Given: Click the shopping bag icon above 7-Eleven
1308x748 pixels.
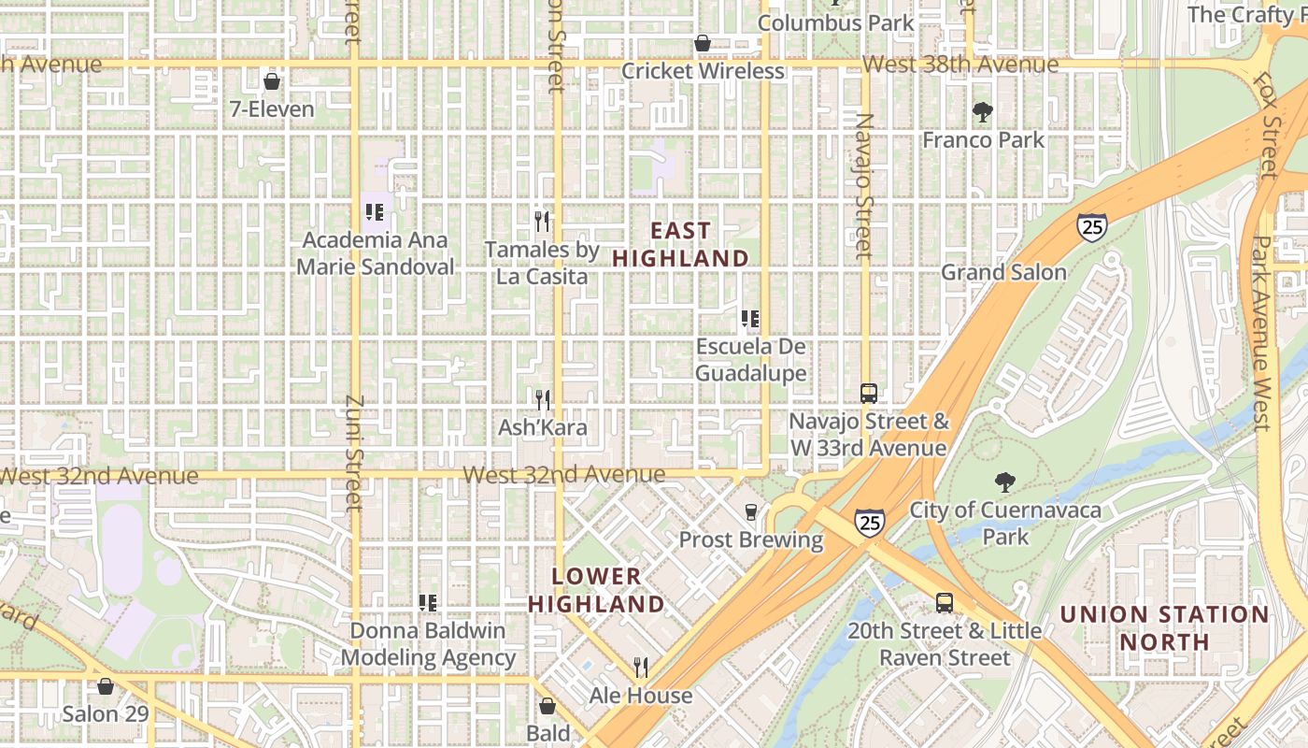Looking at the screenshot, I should (272, 81).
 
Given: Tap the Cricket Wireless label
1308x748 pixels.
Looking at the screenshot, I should (703, 71).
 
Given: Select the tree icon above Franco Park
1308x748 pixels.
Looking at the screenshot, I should (982, 112).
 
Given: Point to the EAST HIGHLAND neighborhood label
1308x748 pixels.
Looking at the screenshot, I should (681, 244).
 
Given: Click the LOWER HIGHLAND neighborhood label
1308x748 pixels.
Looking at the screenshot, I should (596, 590).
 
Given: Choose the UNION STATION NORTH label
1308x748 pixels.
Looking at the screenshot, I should (1164, 628).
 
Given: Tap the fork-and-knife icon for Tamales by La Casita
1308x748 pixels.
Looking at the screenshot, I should (542, 222).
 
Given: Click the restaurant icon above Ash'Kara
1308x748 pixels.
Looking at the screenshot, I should (543, 399).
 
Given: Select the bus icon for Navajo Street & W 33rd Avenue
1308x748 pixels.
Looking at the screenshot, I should (869, 393).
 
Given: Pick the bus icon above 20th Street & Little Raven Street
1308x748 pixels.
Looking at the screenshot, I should (945, 603).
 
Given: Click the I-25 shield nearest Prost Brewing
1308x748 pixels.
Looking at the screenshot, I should (870, 522).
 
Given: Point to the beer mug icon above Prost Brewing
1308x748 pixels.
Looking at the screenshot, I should (750, 511).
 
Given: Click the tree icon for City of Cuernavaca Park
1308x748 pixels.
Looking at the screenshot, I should (1005, 482).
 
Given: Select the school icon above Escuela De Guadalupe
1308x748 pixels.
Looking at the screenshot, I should (749, 319).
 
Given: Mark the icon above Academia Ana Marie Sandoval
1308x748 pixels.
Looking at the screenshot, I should (375, 212).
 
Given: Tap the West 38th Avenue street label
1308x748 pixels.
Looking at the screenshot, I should (960, 65).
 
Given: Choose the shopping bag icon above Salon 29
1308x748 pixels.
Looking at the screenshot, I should (106, 687).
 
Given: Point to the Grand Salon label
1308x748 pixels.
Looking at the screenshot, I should (1003, 272).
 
